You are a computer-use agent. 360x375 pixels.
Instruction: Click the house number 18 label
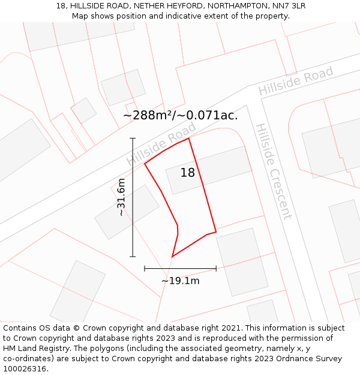point(188,173)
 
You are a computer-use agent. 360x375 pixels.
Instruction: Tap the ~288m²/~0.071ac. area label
point(181,115)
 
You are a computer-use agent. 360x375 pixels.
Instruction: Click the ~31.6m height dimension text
point(121,197)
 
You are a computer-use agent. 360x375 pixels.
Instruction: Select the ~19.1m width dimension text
point(180,280)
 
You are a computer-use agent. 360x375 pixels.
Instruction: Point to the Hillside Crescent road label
point(274,172)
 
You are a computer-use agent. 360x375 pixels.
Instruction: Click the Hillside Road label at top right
point(296,82)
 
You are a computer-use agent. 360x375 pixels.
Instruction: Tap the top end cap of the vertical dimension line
point(133,138)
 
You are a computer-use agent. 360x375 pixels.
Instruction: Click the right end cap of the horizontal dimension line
point(216,268)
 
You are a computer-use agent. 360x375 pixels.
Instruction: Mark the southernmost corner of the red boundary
point(172,257)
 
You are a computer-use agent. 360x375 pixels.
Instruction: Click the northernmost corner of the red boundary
point(189,138)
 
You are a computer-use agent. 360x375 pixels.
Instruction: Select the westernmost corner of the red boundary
point(145,163)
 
